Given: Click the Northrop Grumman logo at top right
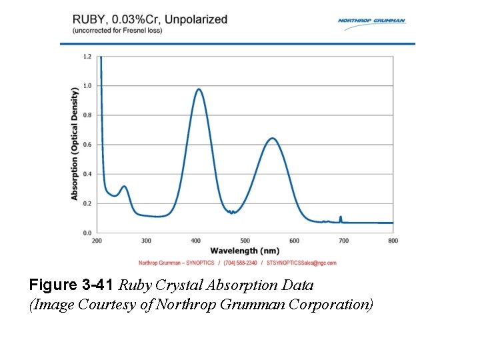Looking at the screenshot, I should tap(371, 21).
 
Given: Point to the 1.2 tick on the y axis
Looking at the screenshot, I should tap(87, 57).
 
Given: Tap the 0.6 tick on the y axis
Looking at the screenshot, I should tap(87, 145).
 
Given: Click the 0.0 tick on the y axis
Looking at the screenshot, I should tap(87, 233).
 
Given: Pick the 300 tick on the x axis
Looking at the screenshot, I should tap(147, 241).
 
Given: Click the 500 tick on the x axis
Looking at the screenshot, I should tap(245, 241).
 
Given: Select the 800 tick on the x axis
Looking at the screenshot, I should tap(393, 241).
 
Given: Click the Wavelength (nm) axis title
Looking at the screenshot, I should tap(245, 251).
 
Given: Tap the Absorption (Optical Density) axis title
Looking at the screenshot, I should tap(75, 145).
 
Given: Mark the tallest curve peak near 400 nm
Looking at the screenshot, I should tap(198, 89).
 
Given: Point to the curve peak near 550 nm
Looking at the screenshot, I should tap(272, 139).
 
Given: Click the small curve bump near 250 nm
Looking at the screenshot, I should tap(123, 187).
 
